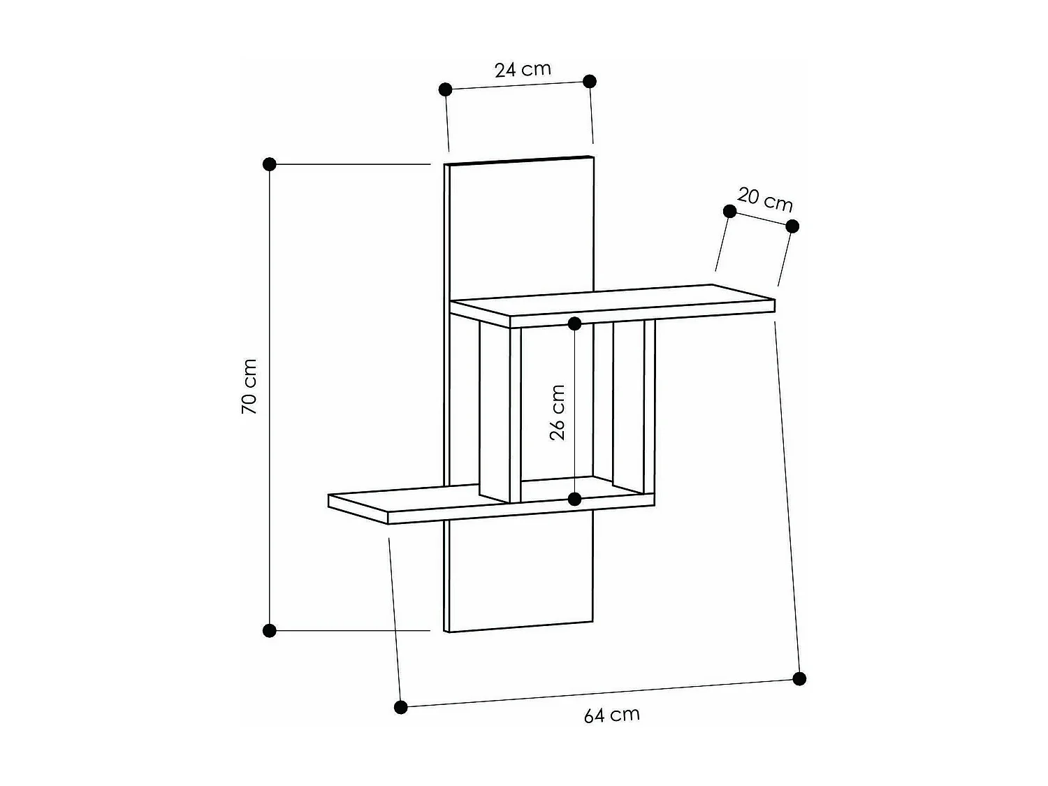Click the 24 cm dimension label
coord(523,69)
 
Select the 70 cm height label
coord(249,386)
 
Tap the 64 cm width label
coord(611,715)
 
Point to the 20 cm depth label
coord(765,200)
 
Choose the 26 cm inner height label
coord(558,412)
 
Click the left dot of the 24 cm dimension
coord(445,89)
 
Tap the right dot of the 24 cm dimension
coord(589,81)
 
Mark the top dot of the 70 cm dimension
coord(270,164)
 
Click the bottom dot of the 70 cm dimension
coord(270,631)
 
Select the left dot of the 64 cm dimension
coord(400,707)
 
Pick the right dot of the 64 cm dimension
coord(799,678)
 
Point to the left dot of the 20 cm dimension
coord(729,211)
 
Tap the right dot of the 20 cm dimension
coord(792,226)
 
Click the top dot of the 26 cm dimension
coord(574,323)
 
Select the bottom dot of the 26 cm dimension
coord(574,499)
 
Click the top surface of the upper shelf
coord(615,300)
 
